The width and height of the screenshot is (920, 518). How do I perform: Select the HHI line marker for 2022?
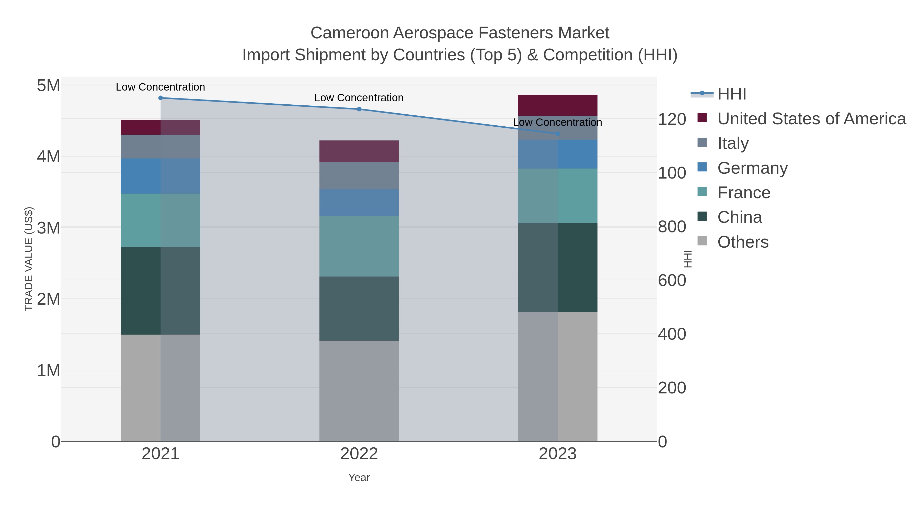tap(359, 109)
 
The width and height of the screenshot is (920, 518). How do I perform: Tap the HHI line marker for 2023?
tap(558, 134)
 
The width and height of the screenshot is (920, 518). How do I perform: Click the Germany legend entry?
tap(752, 168)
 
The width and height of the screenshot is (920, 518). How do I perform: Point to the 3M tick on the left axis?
tap(49, 228)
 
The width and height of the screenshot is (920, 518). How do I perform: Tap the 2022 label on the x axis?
tap(359, 454)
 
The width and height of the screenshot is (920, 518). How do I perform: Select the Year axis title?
tap(359, 478)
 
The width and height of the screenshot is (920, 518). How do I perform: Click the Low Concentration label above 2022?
tap(359, 98)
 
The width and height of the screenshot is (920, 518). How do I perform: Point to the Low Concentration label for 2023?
tap(558, 122)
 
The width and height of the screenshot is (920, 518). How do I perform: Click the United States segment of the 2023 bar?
tap(558, 105)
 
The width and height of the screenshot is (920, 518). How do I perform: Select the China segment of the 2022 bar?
tap(359, 308)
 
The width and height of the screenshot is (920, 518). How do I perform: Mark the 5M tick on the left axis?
tap(49, 86)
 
